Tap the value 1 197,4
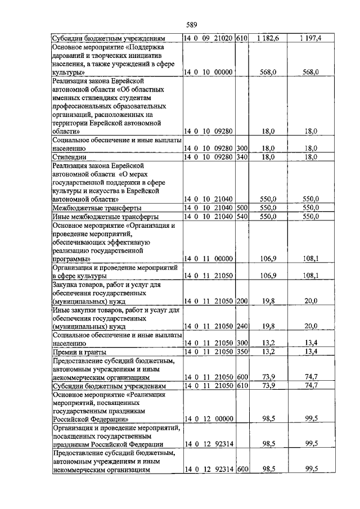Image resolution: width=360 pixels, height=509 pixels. tap(310, 38)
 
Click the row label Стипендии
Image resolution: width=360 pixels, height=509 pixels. tap(69, 157)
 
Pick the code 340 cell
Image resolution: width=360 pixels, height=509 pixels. tap(242, 157)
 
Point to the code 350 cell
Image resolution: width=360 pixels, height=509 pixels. tap(242, 352)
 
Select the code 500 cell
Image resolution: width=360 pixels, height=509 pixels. tap(242, 208)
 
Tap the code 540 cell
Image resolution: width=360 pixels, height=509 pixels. tap(242, 217)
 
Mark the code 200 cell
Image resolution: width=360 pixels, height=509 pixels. tap(242, 301)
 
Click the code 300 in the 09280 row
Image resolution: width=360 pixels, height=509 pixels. tap(242, 148)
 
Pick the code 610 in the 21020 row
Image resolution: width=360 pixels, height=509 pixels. tap(242, 38)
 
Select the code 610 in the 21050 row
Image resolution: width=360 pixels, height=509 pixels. tap(242, 386)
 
